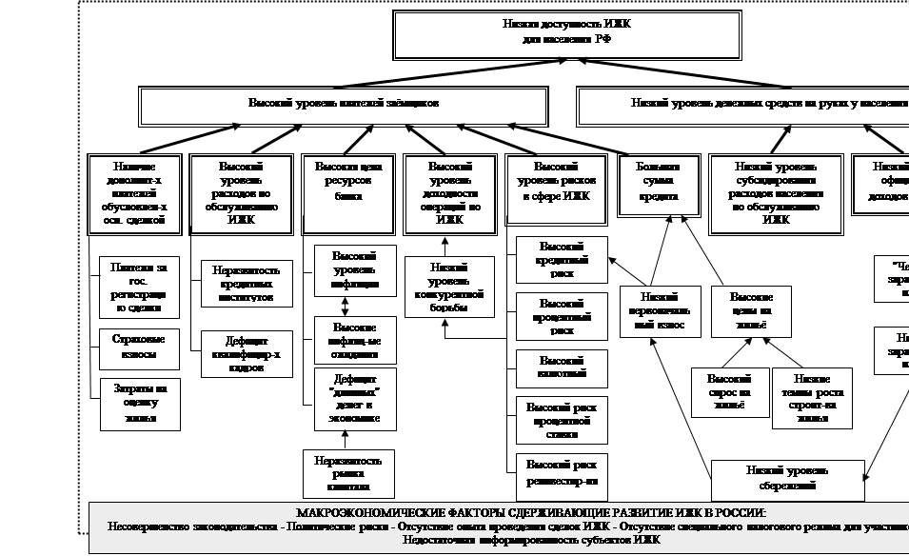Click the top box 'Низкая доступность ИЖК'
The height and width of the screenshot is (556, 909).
[x=567, y=34]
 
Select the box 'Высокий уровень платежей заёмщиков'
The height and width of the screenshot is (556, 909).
[x=344, y=105]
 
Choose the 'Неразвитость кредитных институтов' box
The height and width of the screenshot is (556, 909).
[x=247, y=283]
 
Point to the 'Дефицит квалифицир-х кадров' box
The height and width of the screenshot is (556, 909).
[x=247, y=353]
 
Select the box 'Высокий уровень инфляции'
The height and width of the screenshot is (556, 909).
[x=355, y=270]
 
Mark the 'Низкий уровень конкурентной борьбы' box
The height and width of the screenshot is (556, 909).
[x=449, y=287]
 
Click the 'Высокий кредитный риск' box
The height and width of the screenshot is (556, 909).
[x=563, y=260]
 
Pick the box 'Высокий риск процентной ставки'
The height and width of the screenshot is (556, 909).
[x=563, y=420]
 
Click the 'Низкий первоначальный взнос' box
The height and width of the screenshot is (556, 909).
[x=660, y=311]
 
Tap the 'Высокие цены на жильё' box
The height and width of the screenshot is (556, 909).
[x=751, y=311]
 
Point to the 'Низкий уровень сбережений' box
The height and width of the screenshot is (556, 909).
[x=787, y=478]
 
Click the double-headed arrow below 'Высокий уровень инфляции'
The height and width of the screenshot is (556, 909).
[x=345, y=306]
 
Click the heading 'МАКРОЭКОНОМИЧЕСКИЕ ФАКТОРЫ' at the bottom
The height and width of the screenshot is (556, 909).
[x=524, y=512]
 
